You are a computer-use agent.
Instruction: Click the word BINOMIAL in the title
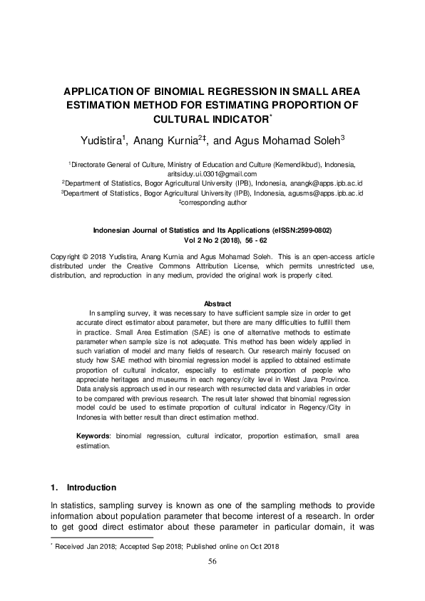coord(178,91)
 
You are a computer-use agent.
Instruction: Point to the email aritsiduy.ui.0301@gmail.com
coord(212,173)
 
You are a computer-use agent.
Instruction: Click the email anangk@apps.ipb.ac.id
coord(295,183)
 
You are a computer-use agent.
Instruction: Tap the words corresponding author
coord(214,202)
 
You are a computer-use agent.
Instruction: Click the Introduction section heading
coord(91,488)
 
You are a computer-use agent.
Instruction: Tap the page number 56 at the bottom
coord(212,562)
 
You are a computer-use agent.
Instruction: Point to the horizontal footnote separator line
coord(102,537)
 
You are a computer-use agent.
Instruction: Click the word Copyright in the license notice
coord(66,256)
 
